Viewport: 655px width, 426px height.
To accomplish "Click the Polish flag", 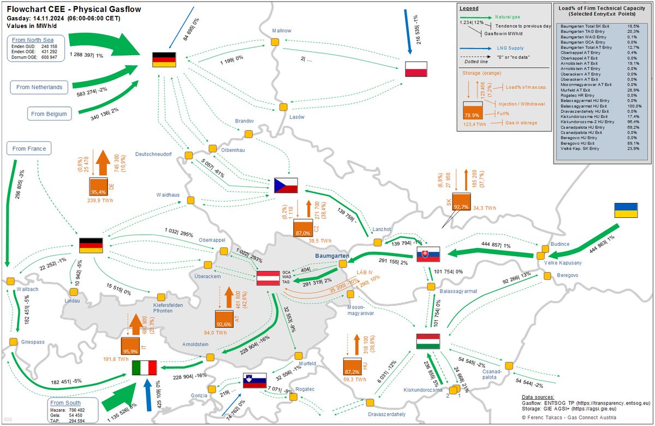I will click(415, 69).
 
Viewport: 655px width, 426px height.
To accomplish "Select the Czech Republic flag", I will click(286, 186).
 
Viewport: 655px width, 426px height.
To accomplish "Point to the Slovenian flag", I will click(254, 380).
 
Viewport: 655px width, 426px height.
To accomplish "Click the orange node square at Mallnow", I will click(275, 42).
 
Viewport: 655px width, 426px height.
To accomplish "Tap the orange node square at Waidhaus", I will click(190, 200).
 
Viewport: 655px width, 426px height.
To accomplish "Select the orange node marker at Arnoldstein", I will click(210, 357).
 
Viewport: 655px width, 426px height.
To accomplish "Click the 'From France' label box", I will click(29, 148).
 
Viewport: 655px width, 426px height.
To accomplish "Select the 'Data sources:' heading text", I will click(538, 397).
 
